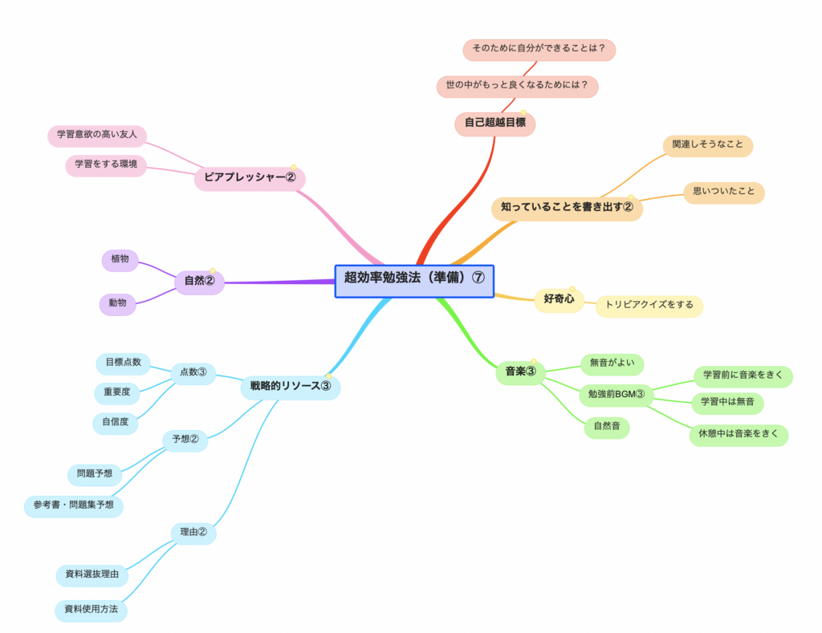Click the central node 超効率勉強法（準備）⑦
point(414,281)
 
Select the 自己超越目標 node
point(494,124)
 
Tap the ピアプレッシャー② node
point(250,178)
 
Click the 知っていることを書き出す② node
point(567,208)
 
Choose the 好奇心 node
point(559,299)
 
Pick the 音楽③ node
point(520,371)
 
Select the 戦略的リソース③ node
point(291,387)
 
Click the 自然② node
point(199,282)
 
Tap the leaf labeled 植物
point(120,260)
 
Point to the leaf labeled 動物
point(118,303)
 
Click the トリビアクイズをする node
point(649,306)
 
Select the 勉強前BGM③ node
point(616,394)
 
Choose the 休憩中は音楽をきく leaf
point(739,435)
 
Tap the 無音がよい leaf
point(612,363)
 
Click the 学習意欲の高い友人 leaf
point(97,134)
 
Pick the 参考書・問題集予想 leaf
point(74,505)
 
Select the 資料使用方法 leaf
point(91,610)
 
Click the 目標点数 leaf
point(123,363)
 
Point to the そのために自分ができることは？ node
point(539,49)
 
